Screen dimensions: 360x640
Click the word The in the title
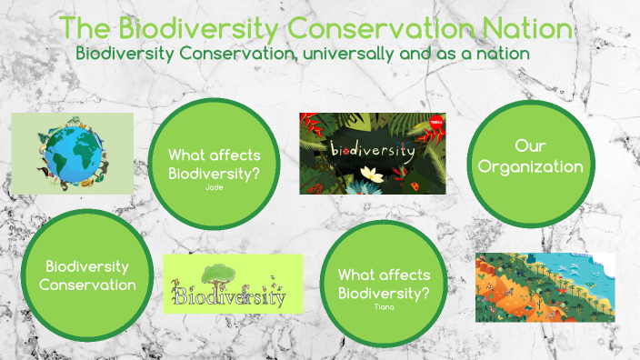[85, 27]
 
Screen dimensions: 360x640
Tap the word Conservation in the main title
[388, 27]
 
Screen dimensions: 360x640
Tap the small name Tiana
[385, 306]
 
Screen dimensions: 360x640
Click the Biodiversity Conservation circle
[87, 275]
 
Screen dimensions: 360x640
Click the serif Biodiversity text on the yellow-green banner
[231, 296]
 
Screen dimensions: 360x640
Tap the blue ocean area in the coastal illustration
[582, 273]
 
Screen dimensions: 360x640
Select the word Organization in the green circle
[531, 166]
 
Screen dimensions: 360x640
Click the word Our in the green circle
[531, 146]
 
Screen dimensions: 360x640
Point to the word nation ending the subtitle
[504, 53]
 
